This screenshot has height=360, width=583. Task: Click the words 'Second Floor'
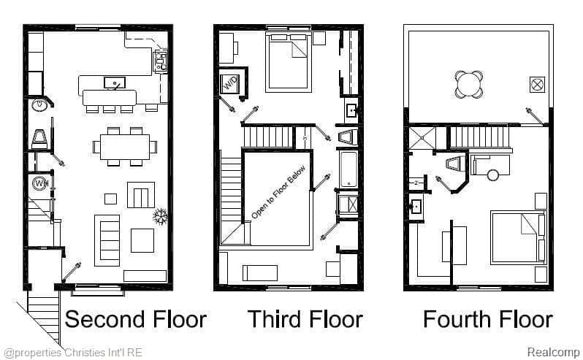click(137, 319)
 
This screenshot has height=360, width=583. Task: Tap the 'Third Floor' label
click(304, 319)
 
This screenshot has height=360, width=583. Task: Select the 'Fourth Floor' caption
click(487, 319)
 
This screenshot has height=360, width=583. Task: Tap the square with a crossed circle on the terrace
click(537, 83)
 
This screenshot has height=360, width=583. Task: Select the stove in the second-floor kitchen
click(160, 61)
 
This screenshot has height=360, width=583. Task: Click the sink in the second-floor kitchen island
click(113, 83)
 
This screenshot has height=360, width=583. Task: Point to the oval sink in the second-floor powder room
click(38, 106)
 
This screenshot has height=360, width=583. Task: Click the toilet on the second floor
click(39, 137)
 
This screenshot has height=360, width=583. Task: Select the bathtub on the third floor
click(348, 169)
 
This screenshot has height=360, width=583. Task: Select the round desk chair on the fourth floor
click(494, 175)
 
